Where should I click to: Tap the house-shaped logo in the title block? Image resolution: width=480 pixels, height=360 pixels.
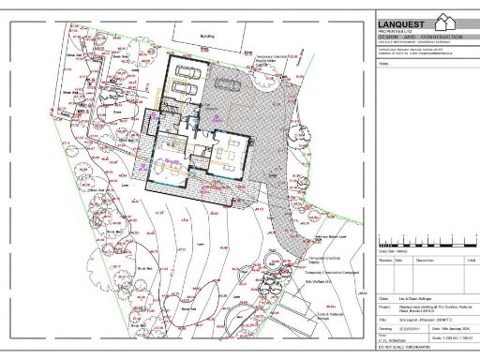coord(452,23)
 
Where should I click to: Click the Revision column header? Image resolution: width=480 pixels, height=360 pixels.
coord(384,260)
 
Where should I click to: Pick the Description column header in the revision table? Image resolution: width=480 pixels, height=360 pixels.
coord(426,260)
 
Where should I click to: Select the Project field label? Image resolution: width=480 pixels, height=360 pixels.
coord(383,306)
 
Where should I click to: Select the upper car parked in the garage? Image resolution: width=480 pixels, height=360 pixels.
coord(186,74)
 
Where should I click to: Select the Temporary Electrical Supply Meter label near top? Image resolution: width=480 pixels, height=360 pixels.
coord(276,62)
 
